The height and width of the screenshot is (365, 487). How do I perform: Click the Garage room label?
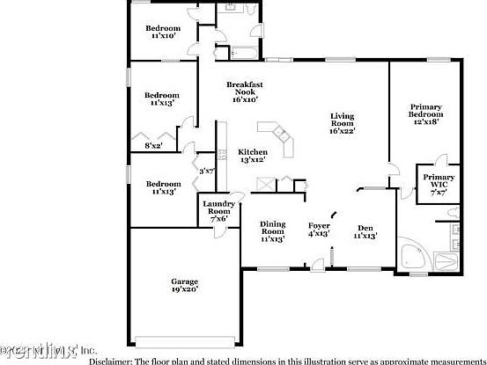tap(185, 281)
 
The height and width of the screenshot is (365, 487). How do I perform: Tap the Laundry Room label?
tap(218, 204)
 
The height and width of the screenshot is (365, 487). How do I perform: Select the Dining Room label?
tap(272, 223)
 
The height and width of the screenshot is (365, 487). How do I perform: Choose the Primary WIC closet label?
tap(438, 178)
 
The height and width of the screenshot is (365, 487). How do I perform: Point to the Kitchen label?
tap(253, 151)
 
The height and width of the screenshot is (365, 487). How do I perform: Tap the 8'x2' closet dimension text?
tap(153, 146)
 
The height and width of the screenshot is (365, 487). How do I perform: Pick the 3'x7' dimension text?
tap(207, 172)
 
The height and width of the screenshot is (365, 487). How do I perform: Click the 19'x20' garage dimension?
tap(185, 288)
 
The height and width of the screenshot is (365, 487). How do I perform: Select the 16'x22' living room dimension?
tap(343, 131)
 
